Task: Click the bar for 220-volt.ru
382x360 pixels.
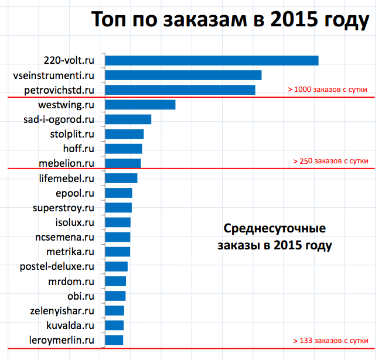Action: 212,60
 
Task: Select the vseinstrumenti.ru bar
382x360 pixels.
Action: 183,75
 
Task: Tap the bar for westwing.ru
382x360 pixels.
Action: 140,105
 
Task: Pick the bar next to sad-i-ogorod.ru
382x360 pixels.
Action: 128,119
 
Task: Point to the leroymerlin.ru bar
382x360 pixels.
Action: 114,340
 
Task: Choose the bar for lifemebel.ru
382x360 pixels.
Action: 121,178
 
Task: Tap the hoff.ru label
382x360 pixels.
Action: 81,149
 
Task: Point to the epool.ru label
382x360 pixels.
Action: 74,193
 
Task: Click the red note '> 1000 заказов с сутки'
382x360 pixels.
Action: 328,90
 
